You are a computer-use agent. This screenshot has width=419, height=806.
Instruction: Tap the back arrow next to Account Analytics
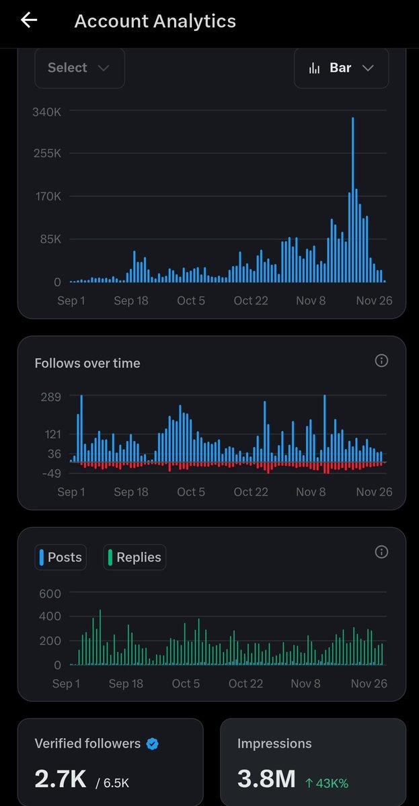coord(29,20)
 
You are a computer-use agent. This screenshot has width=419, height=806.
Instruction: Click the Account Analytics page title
coord(155,22)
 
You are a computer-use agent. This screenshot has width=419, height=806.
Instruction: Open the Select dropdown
coord(79,68)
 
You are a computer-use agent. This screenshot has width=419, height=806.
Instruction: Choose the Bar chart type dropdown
coord(341,68)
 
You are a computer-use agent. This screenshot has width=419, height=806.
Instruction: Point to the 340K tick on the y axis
coord(47,112)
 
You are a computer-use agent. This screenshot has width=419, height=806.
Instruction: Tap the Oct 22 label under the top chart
coord(251,300)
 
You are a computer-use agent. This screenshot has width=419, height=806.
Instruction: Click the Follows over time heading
coord(87,363)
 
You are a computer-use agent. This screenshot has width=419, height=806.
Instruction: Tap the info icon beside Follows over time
coord(381,361)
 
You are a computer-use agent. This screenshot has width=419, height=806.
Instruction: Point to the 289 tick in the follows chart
coord(51,397)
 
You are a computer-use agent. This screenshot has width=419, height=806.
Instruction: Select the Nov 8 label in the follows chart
coord(311,492)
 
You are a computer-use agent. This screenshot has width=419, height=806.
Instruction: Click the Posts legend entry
coord(61,557)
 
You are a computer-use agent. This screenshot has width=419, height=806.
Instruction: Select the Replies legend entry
coord(135,557)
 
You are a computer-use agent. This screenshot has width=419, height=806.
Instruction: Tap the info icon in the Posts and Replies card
coord(381,552)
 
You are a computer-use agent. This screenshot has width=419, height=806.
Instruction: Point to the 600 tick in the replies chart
coord(50,594)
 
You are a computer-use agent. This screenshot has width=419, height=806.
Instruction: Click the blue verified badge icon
coord(153,743)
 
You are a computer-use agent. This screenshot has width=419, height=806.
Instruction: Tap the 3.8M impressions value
coord(266,779)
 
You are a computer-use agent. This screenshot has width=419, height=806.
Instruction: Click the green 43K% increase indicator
coord(326,782)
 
